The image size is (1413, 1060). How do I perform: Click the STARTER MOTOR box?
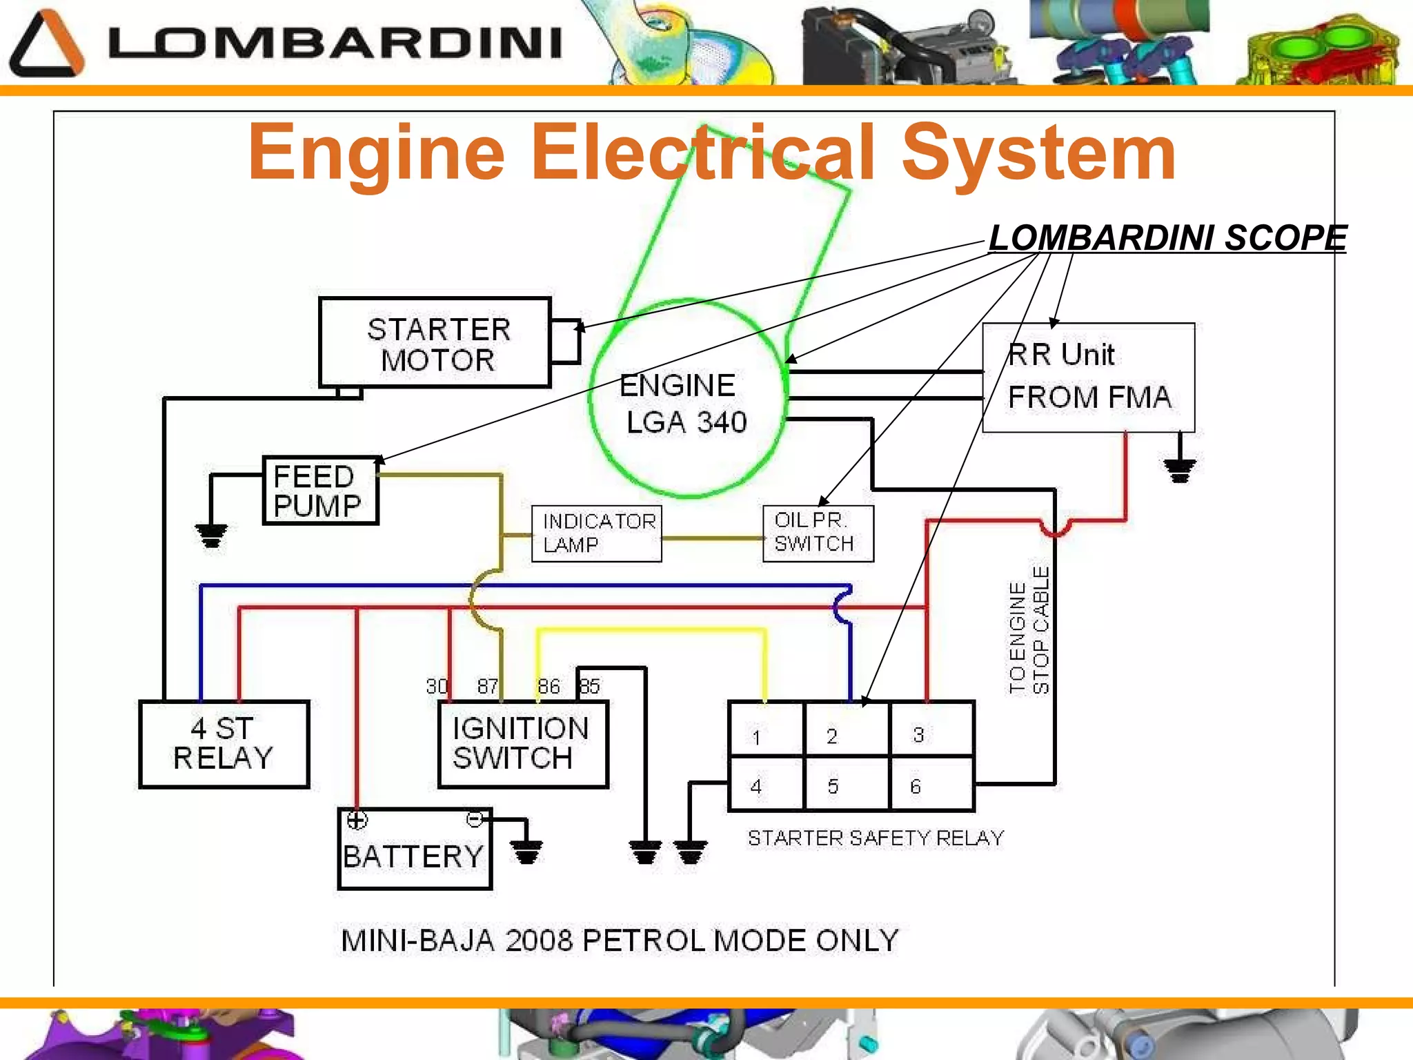[435, 343]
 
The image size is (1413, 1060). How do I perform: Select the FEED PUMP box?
[321, 491]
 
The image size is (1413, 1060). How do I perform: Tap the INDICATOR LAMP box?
[597, 533]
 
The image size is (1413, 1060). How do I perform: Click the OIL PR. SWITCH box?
[818, 533]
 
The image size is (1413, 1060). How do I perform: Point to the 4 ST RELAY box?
[224, 744]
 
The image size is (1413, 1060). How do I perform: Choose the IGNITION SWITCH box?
[523, 744]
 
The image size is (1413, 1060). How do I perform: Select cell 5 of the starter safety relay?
[847, 785]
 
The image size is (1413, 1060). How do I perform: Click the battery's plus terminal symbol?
[357, 820]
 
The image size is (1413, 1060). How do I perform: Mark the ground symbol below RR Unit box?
[1180, 469]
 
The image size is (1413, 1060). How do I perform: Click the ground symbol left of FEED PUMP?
[211, 535]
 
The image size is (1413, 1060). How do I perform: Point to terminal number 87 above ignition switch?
[487, 686]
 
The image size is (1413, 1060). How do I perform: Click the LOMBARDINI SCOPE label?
[1167, 238]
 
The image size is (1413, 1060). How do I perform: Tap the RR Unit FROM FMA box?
[1088, 377]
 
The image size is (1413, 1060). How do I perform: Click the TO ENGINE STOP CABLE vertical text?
[1029, 629]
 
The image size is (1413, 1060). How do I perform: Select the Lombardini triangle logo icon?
[46, 44]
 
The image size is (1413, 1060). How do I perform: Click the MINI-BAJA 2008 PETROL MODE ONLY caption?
[620, 941]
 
